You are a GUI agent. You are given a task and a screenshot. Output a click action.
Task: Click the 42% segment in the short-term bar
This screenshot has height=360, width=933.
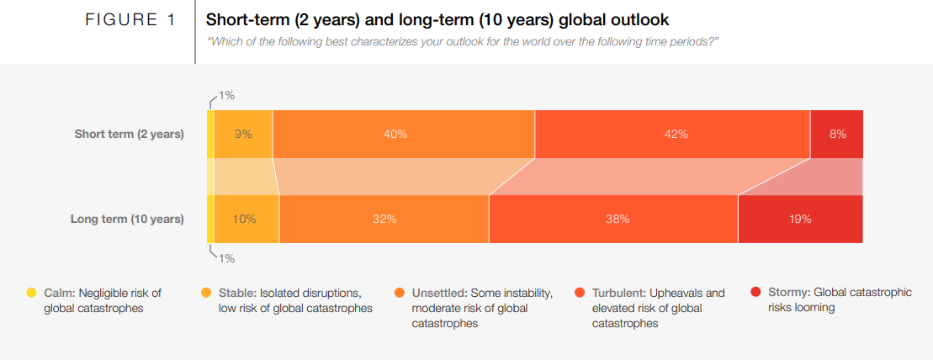pos(672,134)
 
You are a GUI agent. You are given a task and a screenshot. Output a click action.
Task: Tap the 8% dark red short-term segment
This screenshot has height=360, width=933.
pos(836,134)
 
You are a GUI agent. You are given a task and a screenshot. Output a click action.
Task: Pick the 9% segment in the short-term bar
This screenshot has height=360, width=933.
pos(243,134)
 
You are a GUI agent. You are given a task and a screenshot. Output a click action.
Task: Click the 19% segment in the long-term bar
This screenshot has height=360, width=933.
pos(800,219)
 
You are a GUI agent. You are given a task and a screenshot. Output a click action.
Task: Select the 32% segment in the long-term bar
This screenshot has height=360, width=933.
pos(384,219)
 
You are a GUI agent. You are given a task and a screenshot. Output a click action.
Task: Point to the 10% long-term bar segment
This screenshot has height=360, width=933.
pos(245,219)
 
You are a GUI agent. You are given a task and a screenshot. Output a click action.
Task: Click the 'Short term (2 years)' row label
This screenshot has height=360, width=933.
pos(129,134)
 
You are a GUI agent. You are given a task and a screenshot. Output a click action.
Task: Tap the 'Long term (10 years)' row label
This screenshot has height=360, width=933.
pos(126,219)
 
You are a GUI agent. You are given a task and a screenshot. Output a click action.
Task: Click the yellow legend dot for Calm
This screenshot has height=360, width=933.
pos(31,293)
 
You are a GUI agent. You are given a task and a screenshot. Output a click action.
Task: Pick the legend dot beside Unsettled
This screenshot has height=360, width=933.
pos(400,293)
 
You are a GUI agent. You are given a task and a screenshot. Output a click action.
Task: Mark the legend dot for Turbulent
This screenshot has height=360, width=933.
pos(579,293)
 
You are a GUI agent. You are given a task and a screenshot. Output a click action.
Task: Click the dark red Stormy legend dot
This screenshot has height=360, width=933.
pos(756,293)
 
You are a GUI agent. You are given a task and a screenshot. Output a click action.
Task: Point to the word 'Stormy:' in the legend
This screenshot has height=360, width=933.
pos(789,293)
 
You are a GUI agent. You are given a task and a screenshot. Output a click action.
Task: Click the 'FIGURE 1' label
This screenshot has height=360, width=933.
pos(130,19)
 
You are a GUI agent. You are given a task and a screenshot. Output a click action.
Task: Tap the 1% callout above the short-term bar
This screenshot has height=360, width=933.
pos(226,95)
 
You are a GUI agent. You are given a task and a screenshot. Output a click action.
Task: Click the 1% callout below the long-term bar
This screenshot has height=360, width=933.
pos(226,258)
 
